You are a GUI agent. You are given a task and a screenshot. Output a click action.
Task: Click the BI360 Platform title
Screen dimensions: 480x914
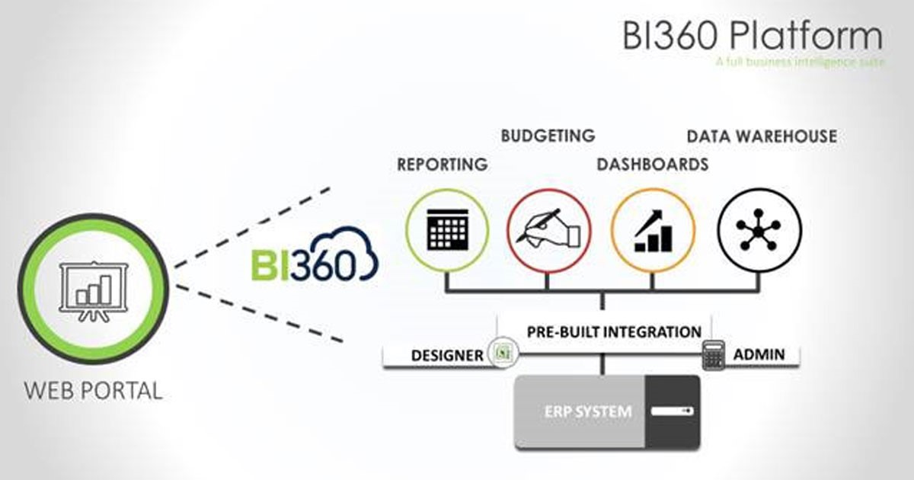(753, 36)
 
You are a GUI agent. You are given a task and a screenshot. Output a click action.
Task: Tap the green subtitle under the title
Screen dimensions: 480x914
(800, 62)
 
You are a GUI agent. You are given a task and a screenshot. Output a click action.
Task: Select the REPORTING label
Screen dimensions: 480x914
(442, 164)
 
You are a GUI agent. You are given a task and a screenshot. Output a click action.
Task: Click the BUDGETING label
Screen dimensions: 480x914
(548, 136)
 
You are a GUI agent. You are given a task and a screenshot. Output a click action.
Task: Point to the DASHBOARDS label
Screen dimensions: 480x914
(652, 164)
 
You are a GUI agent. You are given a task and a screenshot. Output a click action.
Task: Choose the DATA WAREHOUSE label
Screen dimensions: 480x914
(762, 136)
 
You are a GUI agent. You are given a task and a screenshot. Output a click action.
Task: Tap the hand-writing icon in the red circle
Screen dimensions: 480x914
(548, 229)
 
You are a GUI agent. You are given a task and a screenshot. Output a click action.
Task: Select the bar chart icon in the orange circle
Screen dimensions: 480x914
(653, 229)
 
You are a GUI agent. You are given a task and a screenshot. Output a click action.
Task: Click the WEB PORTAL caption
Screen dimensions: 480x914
(94, 392)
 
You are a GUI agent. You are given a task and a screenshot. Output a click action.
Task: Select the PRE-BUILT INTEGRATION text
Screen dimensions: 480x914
(614, 332)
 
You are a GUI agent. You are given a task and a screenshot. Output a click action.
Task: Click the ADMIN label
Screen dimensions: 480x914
(759, 354)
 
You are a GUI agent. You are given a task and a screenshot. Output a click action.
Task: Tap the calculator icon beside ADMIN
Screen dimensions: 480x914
(712, 354)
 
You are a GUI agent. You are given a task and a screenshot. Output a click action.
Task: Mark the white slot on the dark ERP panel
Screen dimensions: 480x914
(672, 411)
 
